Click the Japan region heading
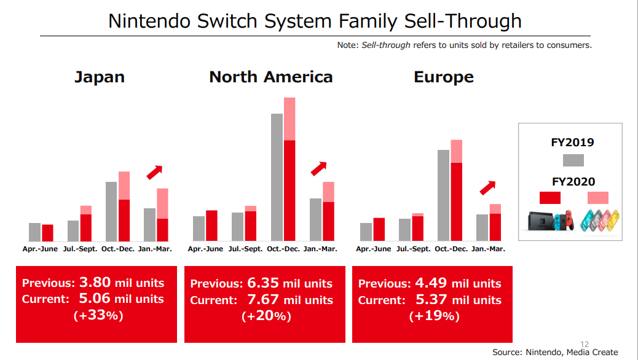[x=99, y=77]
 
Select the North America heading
[x=270, y=77]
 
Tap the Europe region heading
[x=443, y=77]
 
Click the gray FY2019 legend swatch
[x=573, y=160]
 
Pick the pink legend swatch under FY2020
[x=597, y=198]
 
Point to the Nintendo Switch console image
[x=551, y=221]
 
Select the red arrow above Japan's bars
[x=154, y=173]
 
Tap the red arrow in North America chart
[x=318, y=168]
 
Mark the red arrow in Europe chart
[x=487, y=187]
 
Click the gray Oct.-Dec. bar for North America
[x=277, y=177]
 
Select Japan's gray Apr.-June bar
[x=34, y=232]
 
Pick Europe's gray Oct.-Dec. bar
[x=443, y=195]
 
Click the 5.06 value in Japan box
[x=95, y=299]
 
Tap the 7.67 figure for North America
[x=264, y=300]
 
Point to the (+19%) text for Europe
[x=434, y=316]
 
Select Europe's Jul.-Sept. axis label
[x=413, y=249]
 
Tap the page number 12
[x=585, y=344]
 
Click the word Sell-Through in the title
[x=462, y=21]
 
